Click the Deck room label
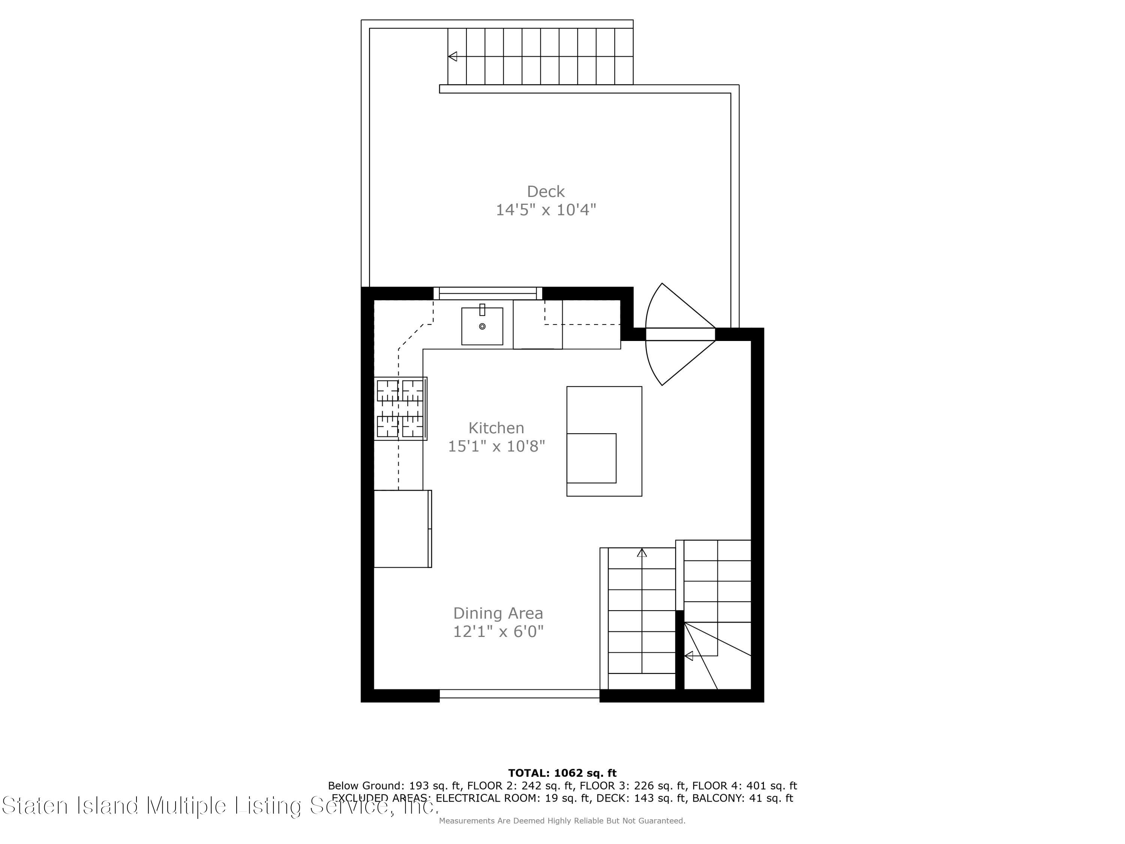(546, 192)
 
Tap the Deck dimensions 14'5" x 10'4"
(546, 210)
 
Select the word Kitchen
(496, 428)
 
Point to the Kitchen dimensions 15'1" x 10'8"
(496, 446)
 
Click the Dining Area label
(498, 613)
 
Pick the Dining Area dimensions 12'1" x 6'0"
(498, 631)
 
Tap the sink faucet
(482, 309)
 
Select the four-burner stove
(400, 408)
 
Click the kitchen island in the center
(604, 441)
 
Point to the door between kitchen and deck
(680, 334)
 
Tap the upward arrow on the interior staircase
(642, 553)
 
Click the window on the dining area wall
(519, 694)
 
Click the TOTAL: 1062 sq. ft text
(562, 773)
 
